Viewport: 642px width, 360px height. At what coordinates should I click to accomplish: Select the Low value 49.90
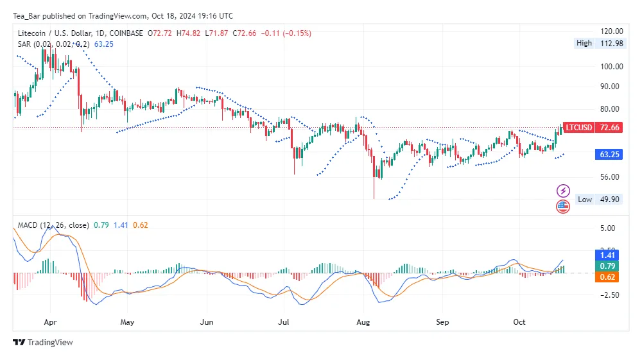[x=609, y=200]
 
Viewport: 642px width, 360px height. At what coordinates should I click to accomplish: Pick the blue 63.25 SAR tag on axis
[x=609, y=155]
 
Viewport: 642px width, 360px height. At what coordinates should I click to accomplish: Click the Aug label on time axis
[x=363, y=321]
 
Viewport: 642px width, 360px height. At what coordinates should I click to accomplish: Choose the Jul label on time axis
[x=283, y=321]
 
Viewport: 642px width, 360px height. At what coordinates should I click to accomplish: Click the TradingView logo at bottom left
[x=43, y=343]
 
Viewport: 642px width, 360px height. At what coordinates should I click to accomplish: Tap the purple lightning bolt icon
[x=563, y=191]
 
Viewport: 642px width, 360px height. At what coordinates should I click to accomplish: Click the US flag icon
[x=563, y=207]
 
